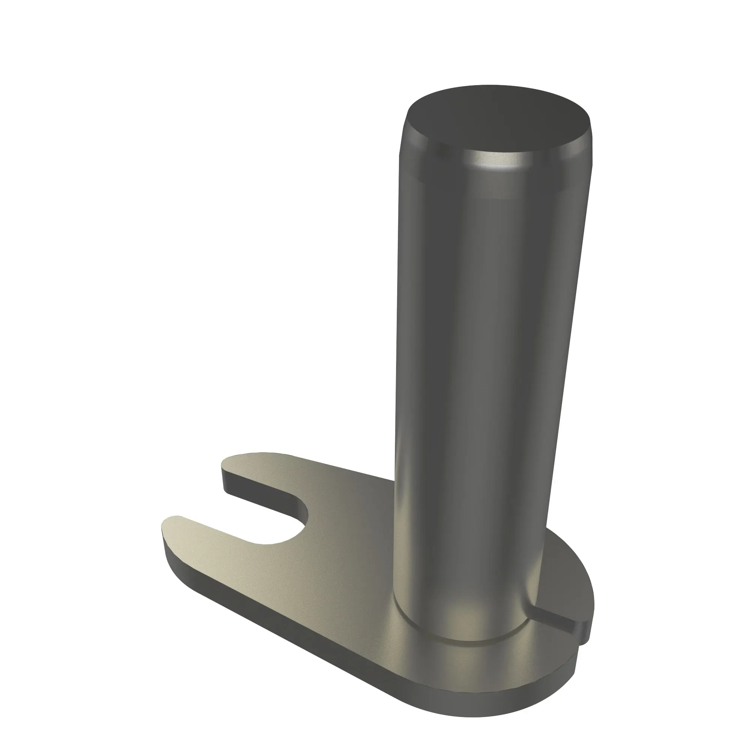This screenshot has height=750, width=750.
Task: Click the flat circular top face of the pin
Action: pyautogui.click(x=497, y=120)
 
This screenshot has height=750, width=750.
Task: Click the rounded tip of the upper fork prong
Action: pyautogui.click(x=233, y=462)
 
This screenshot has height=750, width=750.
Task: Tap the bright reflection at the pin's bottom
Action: pyautogui.click(x=462, y=617)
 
